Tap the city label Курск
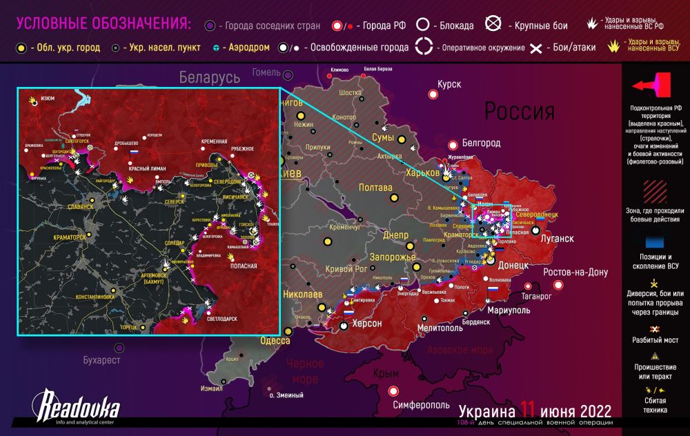[x=448, y=84]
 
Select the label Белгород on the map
[x=480, y=143]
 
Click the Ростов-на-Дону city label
[x=575, y=272]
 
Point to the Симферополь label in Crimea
[x=422, y=405]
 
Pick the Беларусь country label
[x=209, y=77]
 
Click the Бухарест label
[x=101, y=360]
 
